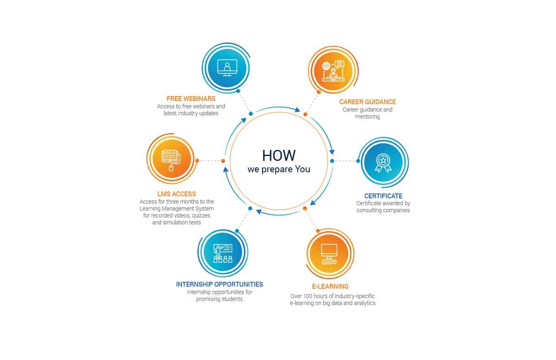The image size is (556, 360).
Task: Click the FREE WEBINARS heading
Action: pyautogui.click(x=191, y=99)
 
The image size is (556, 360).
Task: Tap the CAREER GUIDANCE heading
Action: pyautogui.click(x=368, y=102)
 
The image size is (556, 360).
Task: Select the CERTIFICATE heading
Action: pyautogui.click(x=383, y=196)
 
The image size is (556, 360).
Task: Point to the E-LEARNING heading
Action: pyautogui.click(x=330, y=286)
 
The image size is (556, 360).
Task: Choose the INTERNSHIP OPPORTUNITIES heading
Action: pyautogui.click(x=219, y=284)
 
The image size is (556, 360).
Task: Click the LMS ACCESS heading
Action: pyautogui.click(x=177, y=194)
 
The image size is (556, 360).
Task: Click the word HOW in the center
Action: pyautogui.click(x=279, y=156)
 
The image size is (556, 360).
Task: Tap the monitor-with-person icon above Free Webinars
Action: pyautogui.click(x=227, y=68)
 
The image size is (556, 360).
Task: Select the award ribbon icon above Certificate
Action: pyautogui.click(x=383, y=163)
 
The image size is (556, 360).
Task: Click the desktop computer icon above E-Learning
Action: pyautogui.click(x=329, y=254)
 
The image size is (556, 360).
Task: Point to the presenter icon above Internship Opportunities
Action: pyautogui.click(x=223, y=253)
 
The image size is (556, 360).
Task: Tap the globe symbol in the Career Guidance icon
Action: pyautogui.click(x=326, y=66)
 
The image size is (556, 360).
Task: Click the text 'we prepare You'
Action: pyautogui.click(x=279, y=169)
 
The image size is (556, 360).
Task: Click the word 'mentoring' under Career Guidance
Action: pyautogui.click(x=368, y=116)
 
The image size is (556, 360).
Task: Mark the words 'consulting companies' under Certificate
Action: pyautogui.click(x=383, y=210)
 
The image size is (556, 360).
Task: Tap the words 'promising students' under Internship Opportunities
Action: pyautogui.click(x=219, y=299)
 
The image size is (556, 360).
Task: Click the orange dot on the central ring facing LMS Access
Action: pyautogui.click(x=223, y=161)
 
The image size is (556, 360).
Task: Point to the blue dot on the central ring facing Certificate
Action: pyautogui.click(x=332, y=161)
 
